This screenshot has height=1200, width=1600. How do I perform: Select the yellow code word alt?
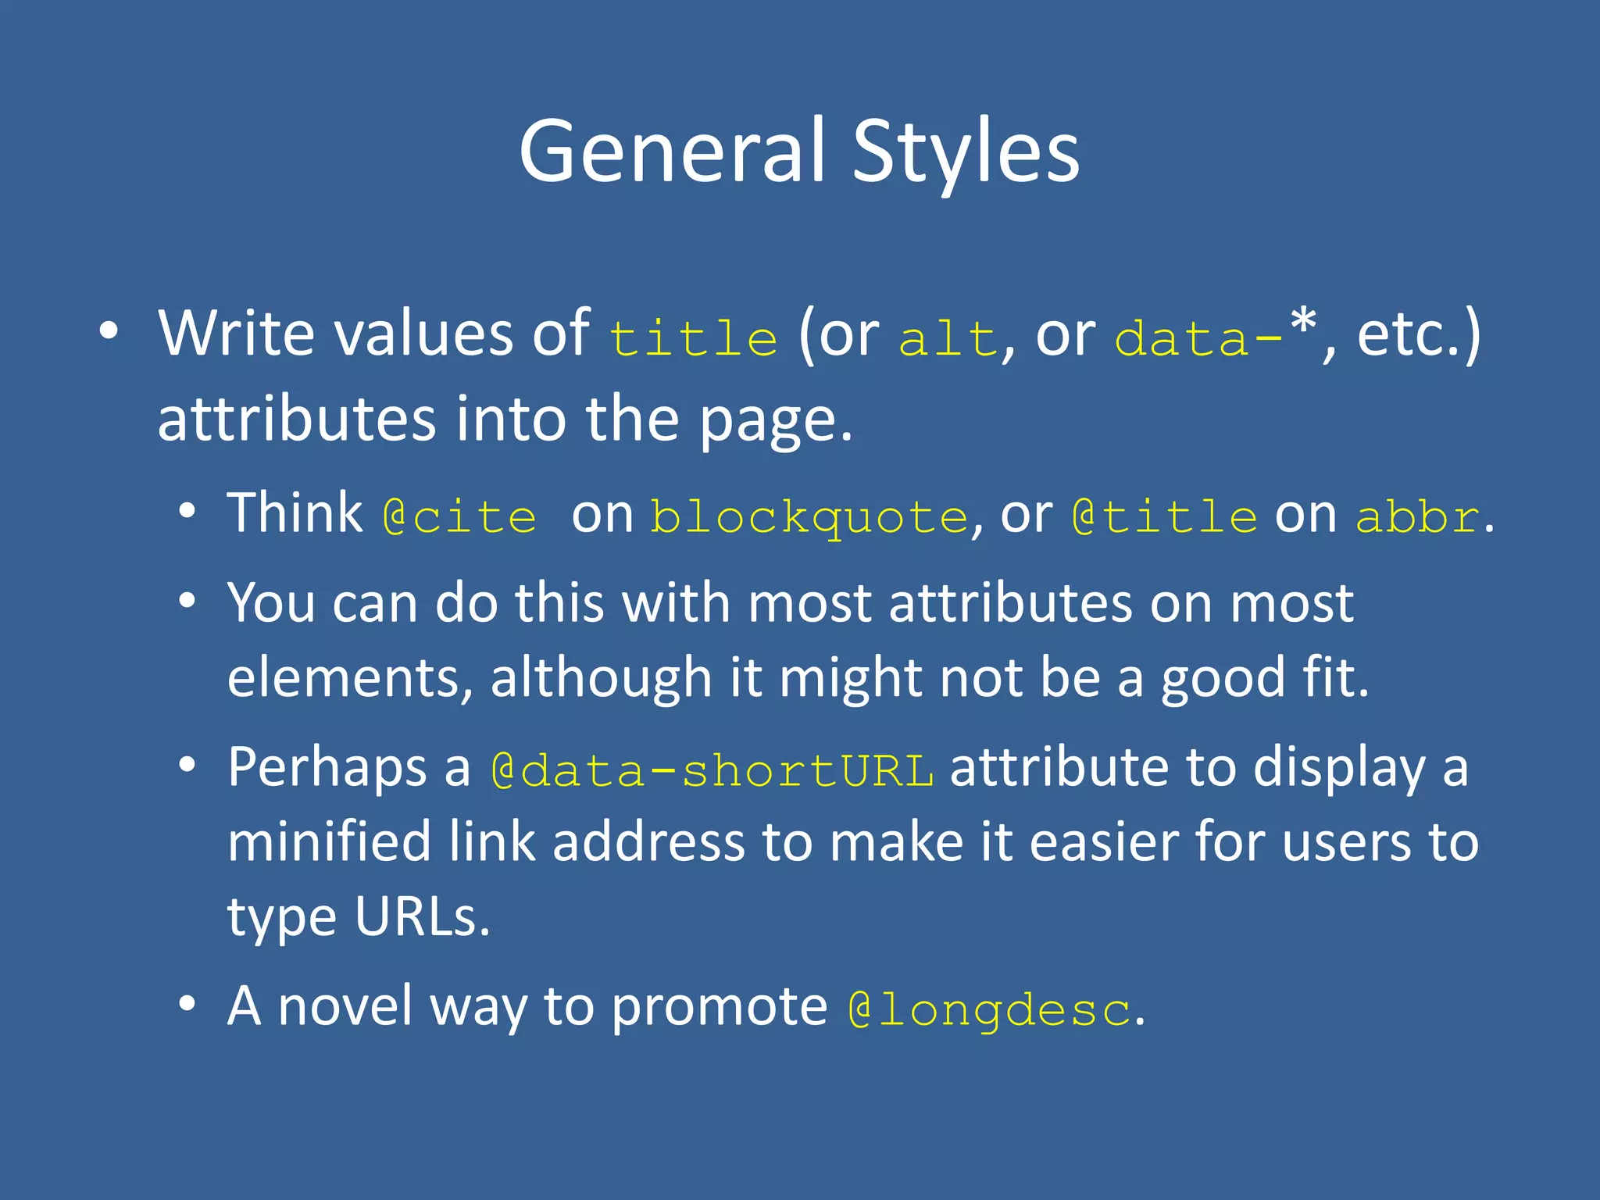pyautogui.click(x=948, y=337)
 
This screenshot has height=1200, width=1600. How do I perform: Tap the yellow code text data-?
pyautogui.click(x=1199, y=337)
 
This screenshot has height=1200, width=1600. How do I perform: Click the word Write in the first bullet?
pyautogui.click(x=237, y=334)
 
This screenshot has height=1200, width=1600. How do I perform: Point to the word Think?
pyautogui.click(x=295, y=514)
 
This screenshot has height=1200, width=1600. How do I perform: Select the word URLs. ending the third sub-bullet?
pyautogui.click(x=423, y=916)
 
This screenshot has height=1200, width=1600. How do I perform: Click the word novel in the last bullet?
pyautogui.click(x=345, y=1006)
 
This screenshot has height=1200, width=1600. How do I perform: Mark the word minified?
pyautogui.click(x=329, y=842)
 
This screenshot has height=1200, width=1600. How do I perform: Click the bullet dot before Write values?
pyautogui.click(x=109, y=332)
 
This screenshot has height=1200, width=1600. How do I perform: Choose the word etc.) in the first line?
pyautogui.click(x=1418, y=334)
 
